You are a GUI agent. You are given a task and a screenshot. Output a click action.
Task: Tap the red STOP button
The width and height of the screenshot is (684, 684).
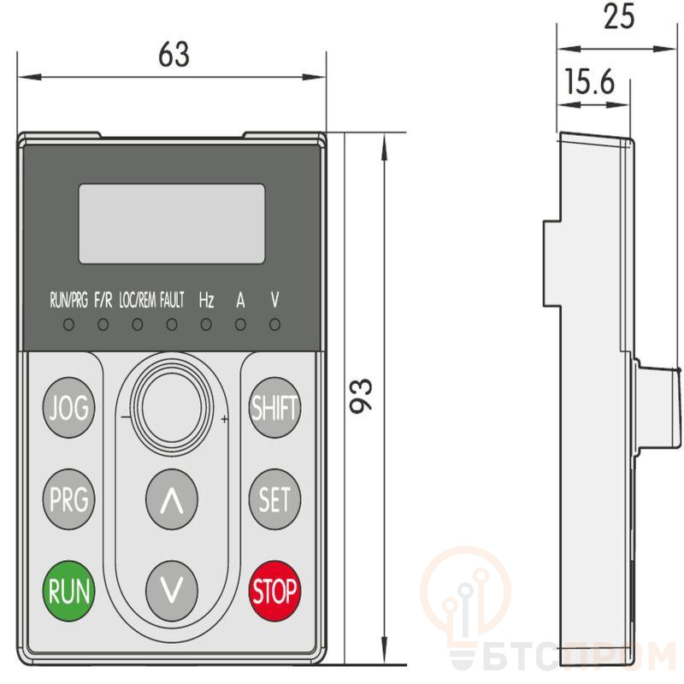point(274,591)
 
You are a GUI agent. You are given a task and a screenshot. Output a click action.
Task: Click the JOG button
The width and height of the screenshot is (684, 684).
point(69,408)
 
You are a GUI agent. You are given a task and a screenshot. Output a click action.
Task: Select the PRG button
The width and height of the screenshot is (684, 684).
point(69,499)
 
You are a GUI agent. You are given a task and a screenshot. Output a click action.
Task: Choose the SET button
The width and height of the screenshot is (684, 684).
point(274,499)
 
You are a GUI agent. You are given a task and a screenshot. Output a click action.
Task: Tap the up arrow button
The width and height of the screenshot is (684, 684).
point(172,499)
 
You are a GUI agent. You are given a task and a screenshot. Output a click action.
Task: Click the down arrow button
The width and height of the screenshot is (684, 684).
point(172,591)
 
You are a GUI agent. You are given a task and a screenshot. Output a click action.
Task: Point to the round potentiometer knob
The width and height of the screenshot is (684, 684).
point(172,408)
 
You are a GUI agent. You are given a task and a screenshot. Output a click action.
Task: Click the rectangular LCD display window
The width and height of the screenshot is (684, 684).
point(172,224)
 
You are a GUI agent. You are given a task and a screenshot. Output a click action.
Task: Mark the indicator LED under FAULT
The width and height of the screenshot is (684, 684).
point(172,325)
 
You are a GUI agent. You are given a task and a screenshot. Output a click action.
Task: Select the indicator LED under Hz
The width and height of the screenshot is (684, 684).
point(206,325)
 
